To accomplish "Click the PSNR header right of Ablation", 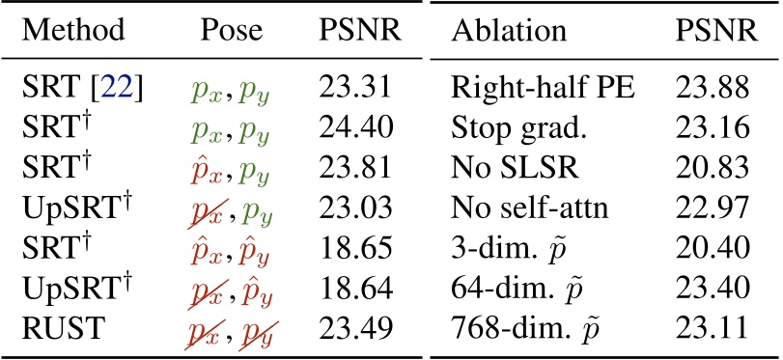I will click(x=715, y=31).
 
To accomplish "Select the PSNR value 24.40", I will click(x=353, y=129).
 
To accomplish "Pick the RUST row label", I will click(x=57, y=327).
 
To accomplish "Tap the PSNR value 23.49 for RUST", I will click(x=353, y=327).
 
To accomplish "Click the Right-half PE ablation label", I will click(x=542, y=90).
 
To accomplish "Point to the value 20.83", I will click(x=713, y=169).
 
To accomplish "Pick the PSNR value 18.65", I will click(x=353, y=248).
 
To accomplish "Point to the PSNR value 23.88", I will click(x=713, y=90).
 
